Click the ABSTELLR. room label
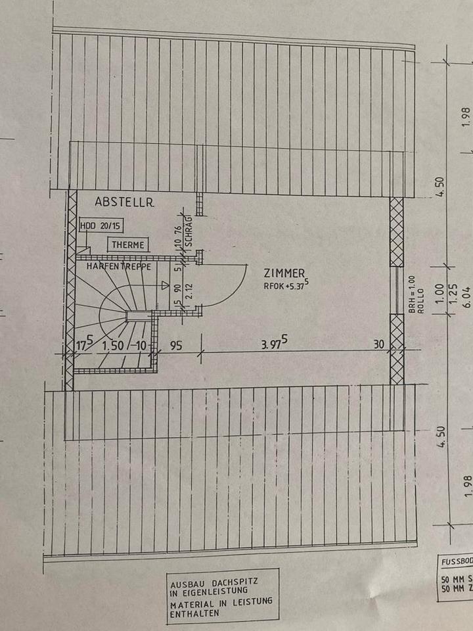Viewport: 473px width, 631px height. tap(124, 202)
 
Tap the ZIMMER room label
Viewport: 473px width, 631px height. tap(283, 273)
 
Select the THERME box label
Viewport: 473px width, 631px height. tap(127, 245)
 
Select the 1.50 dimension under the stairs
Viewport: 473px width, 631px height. tap(114, 345)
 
